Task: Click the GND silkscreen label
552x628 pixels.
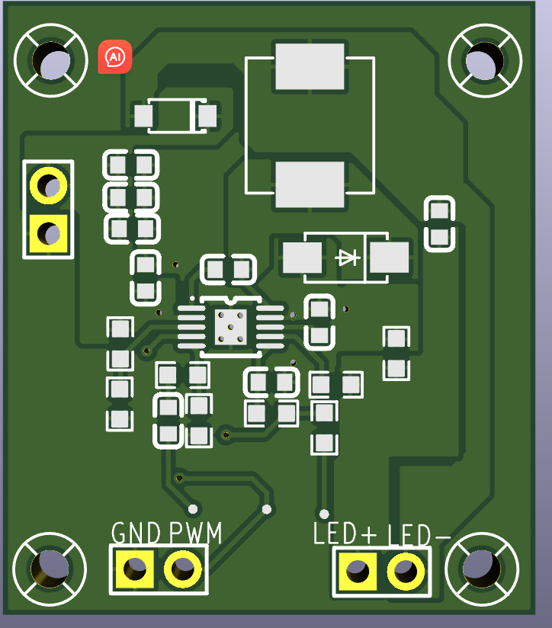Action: [x=136, y=533]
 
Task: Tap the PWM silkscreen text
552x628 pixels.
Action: [x=195, y=533]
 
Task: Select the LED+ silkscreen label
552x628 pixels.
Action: [x=345, y=534]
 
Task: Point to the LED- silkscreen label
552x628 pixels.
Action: [x=419, y=536]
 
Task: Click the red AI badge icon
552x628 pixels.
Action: [x=115, y=56]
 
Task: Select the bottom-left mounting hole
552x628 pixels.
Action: [x=50, y=568]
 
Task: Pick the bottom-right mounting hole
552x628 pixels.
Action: [x=483, y=568]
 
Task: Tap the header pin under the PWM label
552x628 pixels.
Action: [x=182, y=569]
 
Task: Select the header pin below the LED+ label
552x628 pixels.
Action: [x=357, y=570]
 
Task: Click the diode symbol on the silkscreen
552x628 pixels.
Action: [x=348, y=258]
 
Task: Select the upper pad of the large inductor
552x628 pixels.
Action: [x=310, y=67]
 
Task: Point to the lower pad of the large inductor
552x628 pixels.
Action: [x=310, y=184]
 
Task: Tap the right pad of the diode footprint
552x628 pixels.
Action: [x=390, y=258]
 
